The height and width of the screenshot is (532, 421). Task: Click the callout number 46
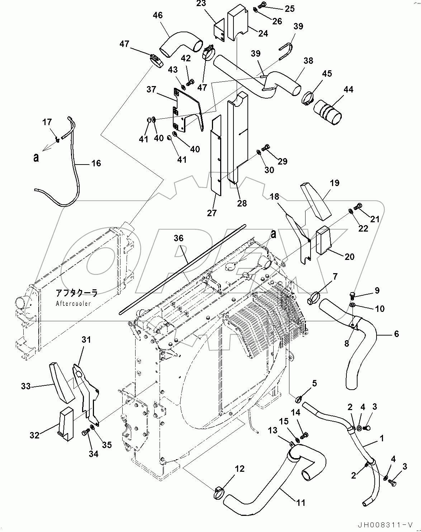(157, 15)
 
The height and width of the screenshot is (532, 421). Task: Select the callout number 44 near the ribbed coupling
(348, 89)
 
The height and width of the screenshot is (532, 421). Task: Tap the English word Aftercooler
(73, 303)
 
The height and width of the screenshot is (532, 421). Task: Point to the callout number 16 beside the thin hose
(96, 163)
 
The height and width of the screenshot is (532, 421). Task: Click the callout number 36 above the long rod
(179, 238)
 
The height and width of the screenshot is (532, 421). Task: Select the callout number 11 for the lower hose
(301, 503)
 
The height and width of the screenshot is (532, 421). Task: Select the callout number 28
(242, 203)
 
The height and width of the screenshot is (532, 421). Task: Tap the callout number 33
(26, 386)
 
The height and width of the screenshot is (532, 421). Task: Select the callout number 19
(334, 183)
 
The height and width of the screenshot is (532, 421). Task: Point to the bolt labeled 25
(262, 5)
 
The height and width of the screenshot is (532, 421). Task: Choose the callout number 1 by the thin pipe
(382, 438)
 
